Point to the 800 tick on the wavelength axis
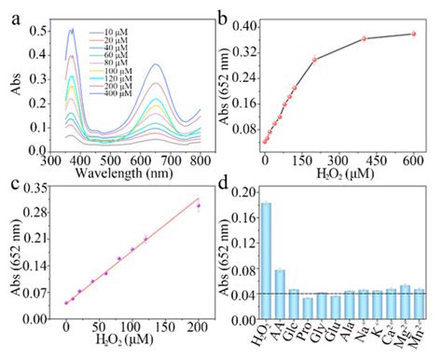[198, 159]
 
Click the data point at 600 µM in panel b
[413, 35]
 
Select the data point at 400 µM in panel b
[365, 39]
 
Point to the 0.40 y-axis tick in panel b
[245, 25]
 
